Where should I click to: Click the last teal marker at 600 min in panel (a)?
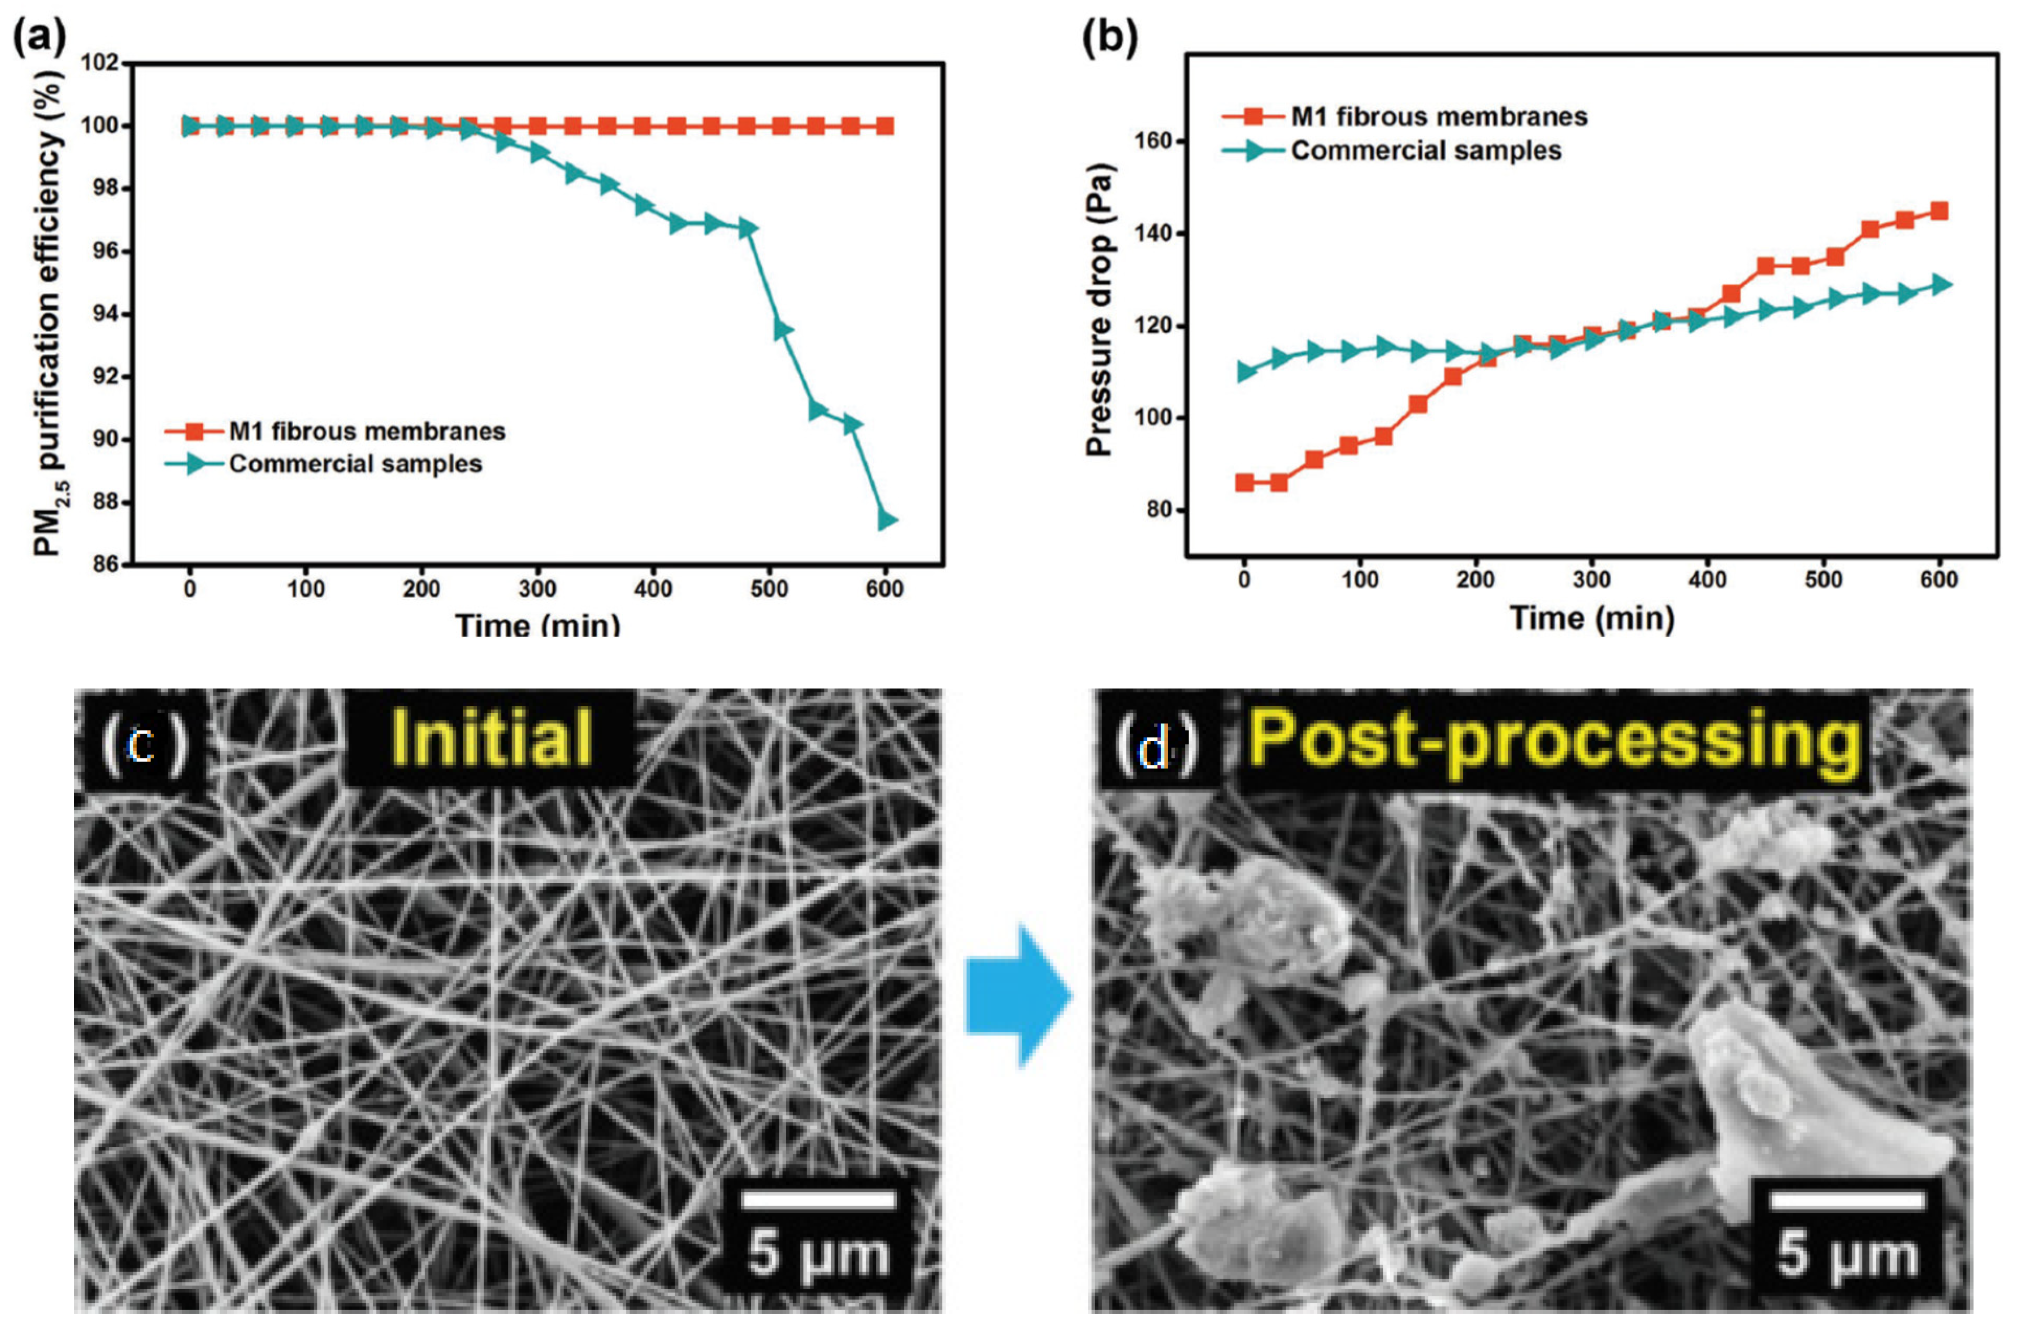point(887,520)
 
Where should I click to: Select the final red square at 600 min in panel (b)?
point(1938,211)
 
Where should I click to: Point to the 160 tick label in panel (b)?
point(1151,141)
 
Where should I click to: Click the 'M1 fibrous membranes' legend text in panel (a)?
point(366,431)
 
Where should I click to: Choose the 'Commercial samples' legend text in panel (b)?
point(1426,151)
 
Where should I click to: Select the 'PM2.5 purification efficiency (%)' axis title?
point(49,314)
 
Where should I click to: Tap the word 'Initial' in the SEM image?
point(490,738)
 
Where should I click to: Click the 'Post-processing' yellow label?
point(1555,739)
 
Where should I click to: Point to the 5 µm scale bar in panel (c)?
point(817,1199)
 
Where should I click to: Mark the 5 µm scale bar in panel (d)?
point(1846,1199)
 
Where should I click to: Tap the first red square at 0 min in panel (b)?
point(1244,482)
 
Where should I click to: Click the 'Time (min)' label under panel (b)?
point(1591,618)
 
